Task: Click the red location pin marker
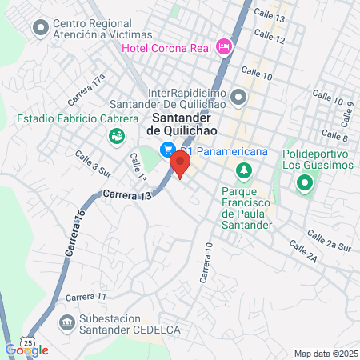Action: coord(180,166)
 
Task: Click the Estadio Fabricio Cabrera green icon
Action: coord(118,138)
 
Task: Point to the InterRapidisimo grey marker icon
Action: coord(238,98)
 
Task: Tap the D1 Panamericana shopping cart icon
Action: coord(167,150)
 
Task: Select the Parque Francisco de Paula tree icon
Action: coord(244,170)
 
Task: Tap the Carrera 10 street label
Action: coord(206,264)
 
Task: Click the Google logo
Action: coord(26,350)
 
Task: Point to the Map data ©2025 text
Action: coord(323,354)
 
